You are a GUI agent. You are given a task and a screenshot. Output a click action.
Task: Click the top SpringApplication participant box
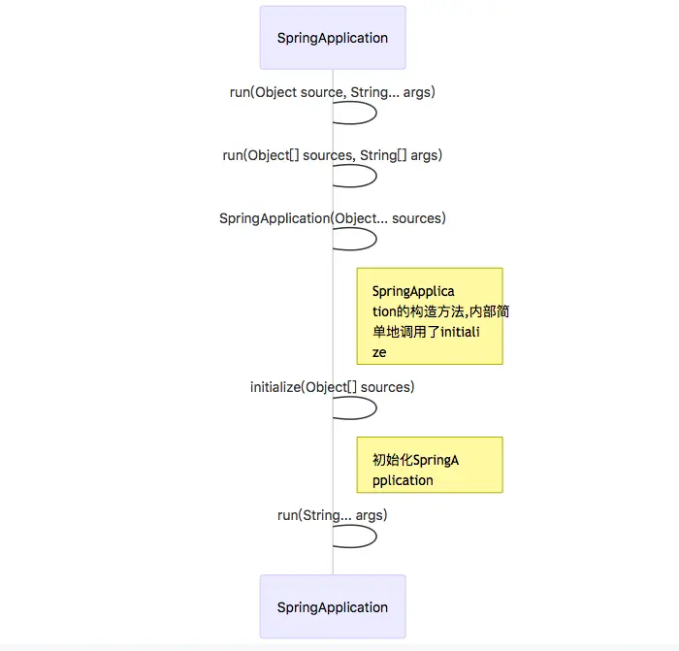tap(333, 38)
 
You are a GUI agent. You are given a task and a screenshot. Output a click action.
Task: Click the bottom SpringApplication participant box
tap(333, 606)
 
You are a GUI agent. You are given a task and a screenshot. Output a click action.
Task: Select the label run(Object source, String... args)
tap(332, 92)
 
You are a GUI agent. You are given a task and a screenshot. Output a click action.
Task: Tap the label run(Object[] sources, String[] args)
tap(332, 155)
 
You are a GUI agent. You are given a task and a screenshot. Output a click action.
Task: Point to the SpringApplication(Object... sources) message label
tap(332, 218)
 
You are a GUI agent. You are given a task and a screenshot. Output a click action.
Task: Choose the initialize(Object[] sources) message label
tap(332, 387)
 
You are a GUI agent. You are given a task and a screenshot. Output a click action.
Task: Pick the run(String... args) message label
tap(332, 515)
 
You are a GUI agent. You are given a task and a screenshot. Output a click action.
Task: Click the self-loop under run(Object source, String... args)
tap(376, 114)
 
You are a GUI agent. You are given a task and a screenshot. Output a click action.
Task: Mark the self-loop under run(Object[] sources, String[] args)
tap(376, 177)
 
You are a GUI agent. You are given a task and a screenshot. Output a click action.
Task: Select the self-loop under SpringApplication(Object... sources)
tap(376, 239)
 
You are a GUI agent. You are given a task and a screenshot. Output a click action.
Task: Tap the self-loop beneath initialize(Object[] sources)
tap(376, 408)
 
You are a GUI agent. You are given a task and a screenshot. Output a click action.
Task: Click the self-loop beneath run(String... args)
tap(376, 537)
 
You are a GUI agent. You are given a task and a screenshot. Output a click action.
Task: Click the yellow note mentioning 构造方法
tap(430, 316)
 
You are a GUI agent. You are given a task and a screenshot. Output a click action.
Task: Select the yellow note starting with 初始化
tap(430, 465)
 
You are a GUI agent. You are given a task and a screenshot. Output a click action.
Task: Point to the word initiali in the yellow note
tap(460, 332)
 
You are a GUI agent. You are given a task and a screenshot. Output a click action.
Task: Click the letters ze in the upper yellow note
tap(379, 353)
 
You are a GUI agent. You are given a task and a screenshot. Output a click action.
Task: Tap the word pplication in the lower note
tap(403, 481)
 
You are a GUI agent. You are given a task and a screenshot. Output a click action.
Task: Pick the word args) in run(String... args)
tap(372, 516)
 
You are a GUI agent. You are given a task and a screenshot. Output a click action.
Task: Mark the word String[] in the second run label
tap(383, 155)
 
